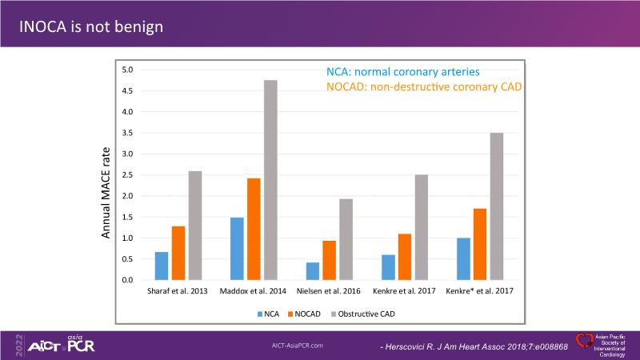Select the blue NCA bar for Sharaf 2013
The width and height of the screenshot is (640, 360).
pos(162,266)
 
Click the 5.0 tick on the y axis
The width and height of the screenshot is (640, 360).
pos(126,70)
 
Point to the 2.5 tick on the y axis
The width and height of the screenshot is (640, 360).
pos(126,174)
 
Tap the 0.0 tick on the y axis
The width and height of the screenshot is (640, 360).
pos(126,280)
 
